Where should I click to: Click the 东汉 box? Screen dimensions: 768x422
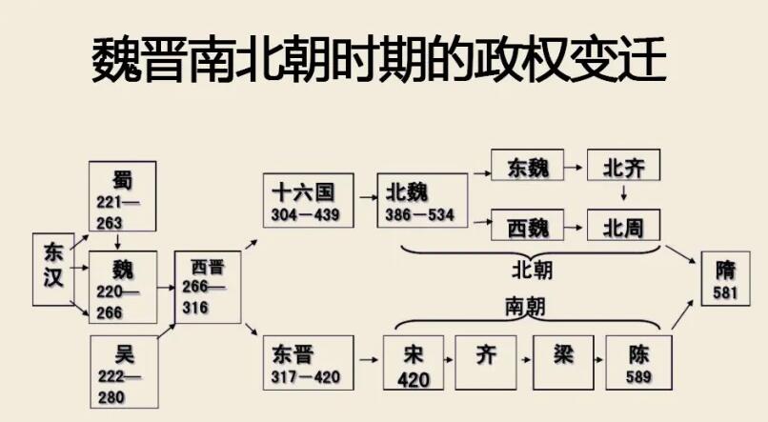click(53, 270)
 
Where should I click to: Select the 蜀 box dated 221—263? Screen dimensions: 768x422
click(123, 196)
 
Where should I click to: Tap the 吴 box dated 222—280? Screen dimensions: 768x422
click(125, 372)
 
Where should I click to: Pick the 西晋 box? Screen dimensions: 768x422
click(208, 287)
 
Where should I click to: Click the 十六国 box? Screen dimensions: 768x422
click(308, 200)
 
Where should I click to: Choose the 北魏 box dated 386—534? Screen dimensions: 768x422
click(422, 200)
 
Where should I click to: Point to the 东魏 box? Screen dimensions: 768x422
click(528, 165)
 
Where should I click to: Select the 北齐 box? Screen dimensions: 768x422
click(623, 165)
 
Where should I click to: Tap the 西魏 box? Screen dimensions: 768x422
click(528, 225)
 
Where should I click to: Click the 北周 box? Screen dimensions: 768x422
click(623, 225)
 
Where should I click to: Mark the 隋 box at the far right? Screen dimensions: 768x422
click(725, 278)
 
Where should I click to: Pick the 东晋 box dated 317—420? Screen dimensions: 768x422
click(308, 363)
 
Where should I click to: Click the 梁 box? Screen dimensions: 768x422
click(563, 363)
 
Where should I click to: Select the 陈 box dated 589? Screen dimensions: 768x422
click(638, 363)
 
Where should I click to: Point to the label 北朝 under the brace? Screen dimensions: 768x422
click(532, 271)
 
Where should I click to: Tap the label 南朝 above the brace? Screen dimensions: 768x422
click(525, 307)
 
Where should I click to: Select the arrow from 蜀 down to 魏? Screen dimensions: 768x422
click(117, 241)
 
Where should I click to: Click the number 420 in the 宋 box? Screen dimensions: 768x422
click(414, 380)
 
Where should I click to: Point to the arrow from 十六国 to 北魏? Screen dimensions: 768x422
click(369, 198)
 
